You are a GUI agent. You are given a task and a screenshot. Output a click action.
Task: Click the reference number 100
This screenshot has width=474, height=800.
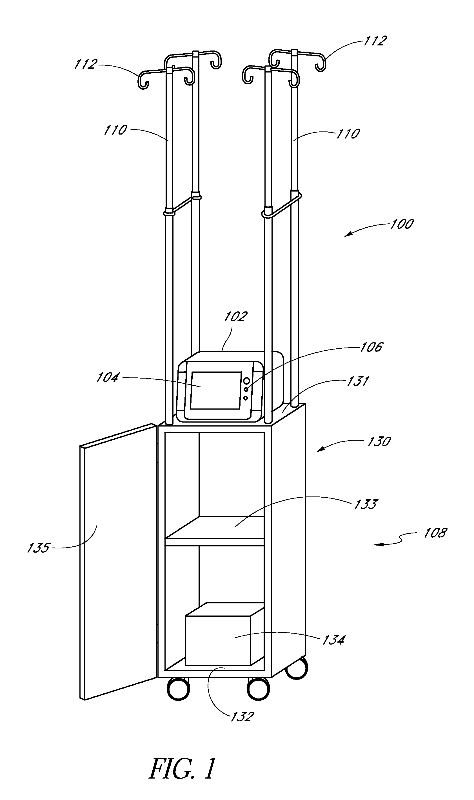coord(402,224)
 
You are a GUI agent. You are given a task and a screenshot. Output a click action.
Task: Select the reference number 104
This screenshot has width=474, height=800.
coord(108,377)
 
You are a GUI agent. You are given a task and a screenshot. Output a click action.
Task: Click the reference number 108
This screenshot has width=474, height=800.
coord(435,533)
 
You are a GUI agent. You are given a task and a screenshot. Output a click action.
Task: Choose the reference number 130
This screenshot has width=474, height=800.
coord(379,441)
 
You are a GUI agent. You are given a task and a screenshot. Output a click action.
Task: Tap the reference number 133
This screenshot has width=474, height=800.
coord(366,504)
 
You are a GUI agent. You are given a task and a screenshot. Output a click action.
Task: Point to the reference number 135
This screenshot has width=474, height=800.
coord(38,548)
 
